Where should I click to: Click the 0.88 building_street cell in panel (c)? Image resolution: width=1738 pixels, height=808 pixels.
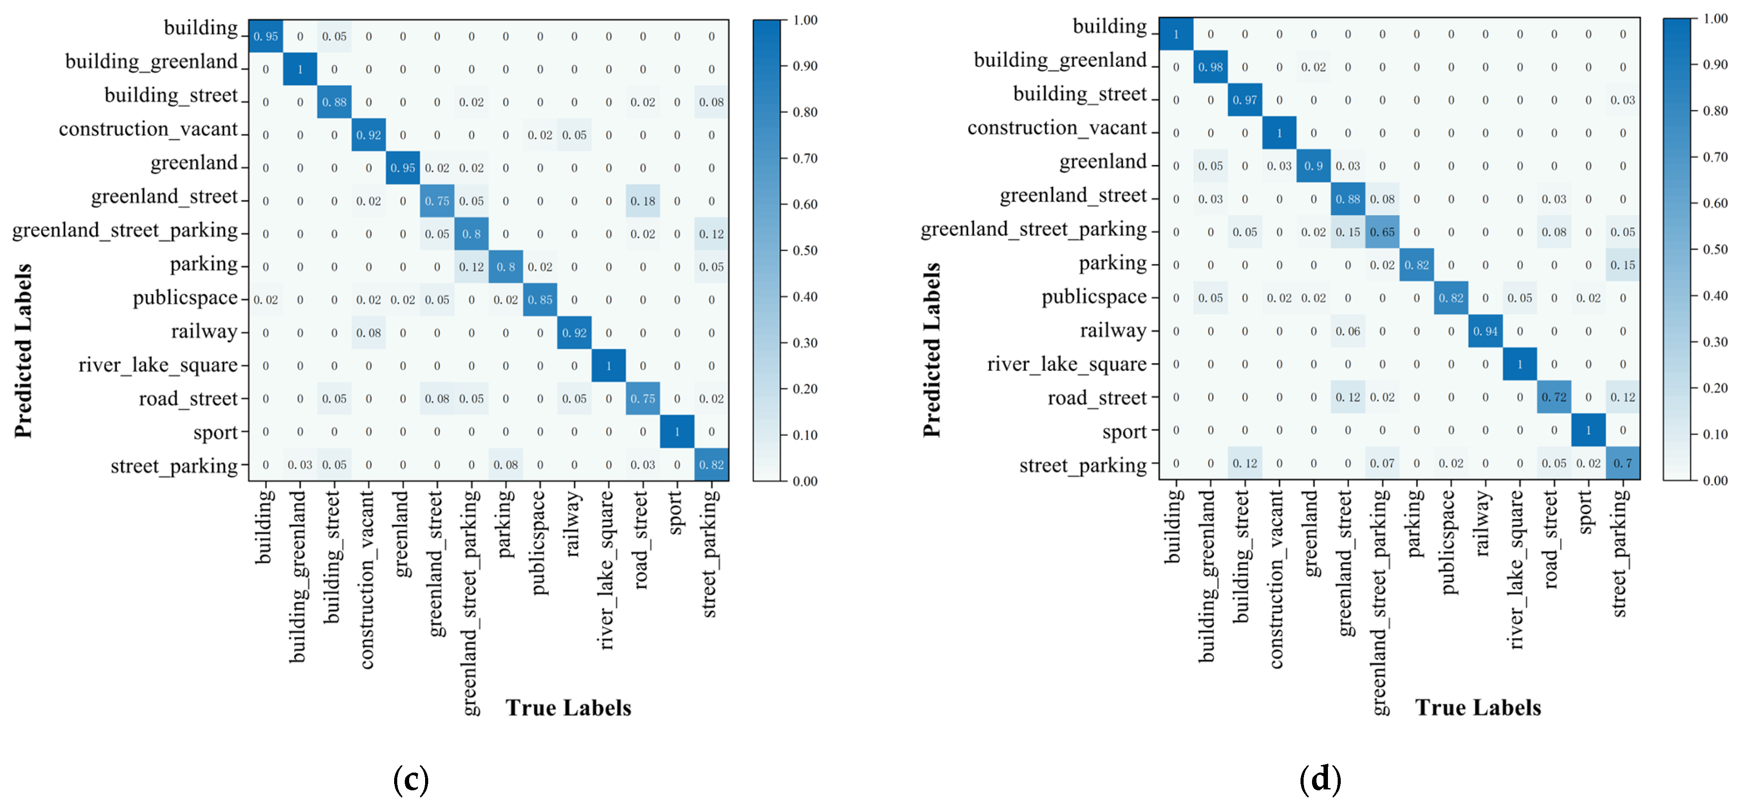click(x=334, y=102)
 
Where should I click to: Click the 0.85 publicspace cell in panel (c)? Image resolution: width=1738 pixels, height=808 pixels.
click(x=540, y=300)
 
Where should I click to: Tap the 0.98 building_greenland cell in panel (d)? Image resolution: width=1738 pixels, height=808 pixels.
click(x=1210, y=67)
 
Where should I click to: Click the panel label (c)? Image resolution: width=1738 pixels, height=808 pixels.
click(x=411, y=780)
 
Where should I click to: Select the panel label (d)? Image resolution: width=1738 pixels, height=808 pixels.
click(x=1320, y=780)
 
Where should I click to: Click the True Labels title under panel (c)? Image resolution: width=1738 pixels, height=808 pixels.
click(x=568, y=708)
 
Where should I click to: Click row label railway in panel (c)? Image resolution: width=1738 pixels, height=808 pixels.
click(x=204, y=331)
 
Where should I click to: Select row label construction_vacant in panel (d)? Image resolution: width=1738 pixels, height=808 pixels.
click(x=1057, y=127)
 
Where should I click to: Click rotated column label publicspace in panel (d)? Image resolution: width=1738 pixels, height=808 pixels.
click(x=1450, y=542)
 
